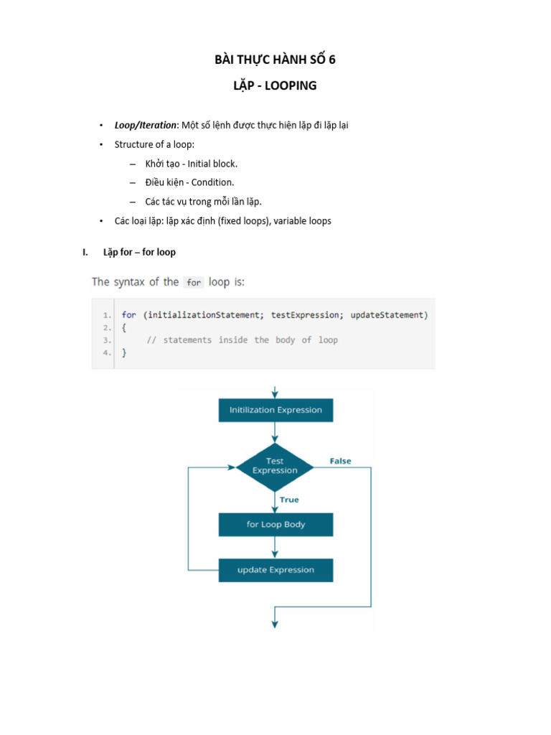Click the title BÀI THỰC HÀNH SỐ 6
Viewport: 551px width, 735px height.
point(275,60)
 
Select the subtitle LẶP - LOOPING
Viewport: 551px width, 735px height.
point(275,86)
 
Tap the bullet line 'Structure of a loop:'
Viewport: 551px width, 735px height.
point(154,144)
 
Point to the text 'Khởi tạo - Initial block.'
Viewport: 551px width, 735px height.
point(191,164)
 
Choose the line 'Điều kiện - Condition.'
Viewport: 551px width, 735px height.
point(189,182)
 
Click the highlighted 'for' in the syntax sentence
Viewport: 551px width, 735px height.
point(194,283)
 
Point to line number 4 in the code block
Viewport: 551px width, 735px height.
point(106,352)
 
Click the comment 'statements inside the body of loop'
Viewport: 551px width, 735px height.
point(250,340)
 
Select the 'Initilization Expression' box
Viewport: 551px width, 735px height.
point(275,410)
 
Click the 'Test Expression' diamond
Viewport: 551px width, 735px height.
point(275,467)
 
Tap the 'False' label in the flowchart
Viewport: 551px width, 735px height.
point(340,461)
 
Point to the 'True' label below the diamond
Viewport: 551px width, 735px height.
point(289,500)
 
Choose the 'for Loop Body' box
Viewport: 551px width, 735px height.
point(275,525)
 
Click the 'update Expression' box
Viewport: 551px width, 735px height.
point(275,570)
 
